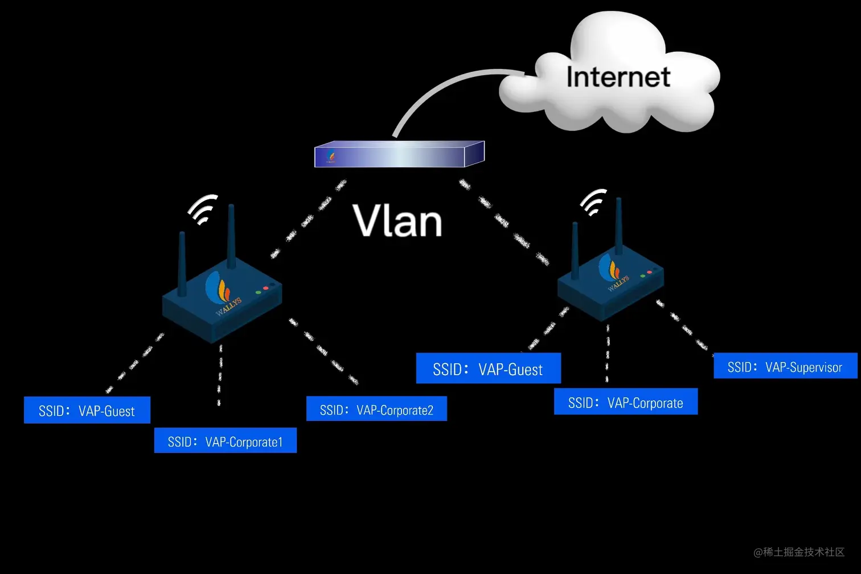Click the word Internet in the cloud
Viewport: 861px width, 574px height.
(x=618, y=77)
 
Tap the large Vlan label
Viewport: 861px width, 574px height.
(x=397, y=221)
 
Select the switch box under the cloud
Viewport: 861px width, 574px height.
(x=399, y=155)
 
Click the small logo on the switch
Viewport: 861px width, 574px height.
(x=331, y=156)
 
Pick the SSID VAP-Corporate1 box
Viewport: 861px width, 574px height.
(x=225, y=441)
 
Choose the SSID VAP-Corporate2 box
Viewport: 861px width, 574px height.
(x=376, y=409)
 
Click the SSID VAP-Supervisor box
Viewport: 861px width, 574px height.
(x=785, y=366)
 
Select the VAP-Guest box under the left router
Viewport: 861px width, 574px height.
(x=87, y=410)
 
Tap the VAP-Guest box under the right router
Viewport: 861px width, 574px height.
(x=488, y=368)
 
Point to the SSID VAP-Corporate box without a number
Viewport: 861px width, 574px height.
(x=625, y=402)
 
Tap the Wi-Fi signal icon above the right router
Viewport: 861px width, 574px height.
(x=593, y=202)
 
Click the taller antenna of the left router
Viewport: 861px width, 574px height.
(x=231, y=236)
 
